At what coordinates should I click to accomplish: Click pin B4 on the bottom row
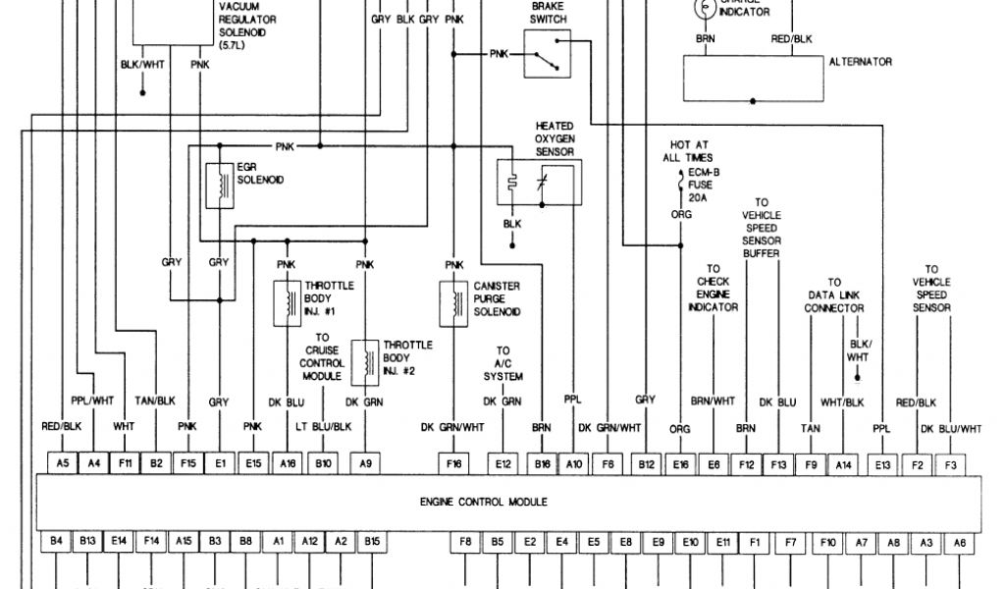tap(55, 541)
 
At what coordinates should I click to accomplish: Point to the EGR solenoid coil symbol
tap(212, 186)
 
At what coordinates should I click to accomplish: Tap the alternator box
tap(752, 78)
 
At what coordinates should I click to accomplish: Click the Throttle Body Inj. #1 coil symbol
tap(289, 303)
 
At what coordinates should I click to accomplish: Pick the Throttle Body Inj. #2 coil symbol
tap(366, 359)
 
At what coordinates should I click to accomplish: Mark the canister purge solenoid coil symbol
tap(453, 299)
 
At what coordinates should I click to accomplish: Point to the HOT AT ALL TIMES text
tap(687, 150)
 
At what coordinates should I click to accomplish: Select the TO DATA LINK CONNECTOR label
tap(834, 294)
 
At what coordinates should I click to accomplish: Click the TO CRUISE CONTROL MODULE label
tap(321, 355)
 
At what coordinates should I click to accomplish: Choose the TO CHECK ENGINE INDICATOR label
tap(714, 288)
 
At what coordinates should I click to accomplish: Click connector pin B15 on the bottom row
tap(372, 541)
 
